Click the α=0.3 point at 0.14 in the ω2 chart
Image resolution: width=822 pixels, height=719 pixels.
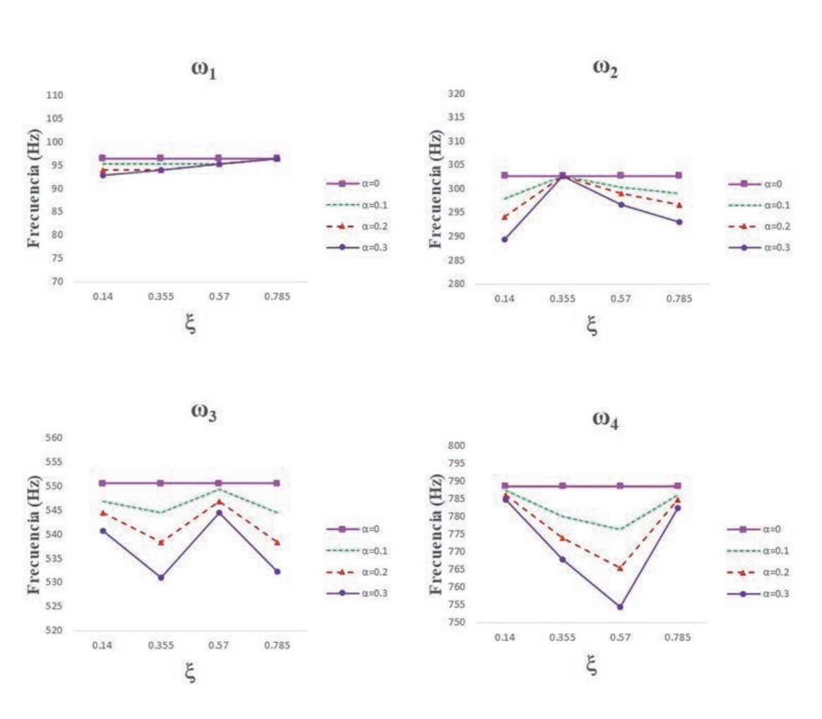click(x=504, y=239)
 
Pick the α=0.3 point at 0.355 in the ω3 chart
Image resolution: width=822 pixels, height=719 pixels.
click(x=161, y=577)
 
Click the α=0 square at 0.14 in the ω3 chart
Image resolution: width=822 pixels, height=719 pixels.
click(x=103, y=483)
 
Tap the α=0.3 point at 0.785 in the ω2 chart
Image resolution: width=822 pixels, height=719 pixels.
click(x=679, y=222)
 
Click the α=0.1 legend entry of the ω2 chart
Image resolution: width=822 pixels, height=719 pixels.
click(x=759, y=205)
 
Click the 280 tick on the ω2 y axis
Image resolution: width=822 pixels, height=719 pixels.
click(x=459, y=284)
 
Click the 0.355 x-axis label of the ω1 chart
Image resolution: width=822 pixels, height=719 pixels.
click(x=160, y=298)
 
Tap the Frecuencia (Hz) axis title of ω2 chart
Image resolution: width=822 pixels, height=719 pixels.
click(x=436, y=189)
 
